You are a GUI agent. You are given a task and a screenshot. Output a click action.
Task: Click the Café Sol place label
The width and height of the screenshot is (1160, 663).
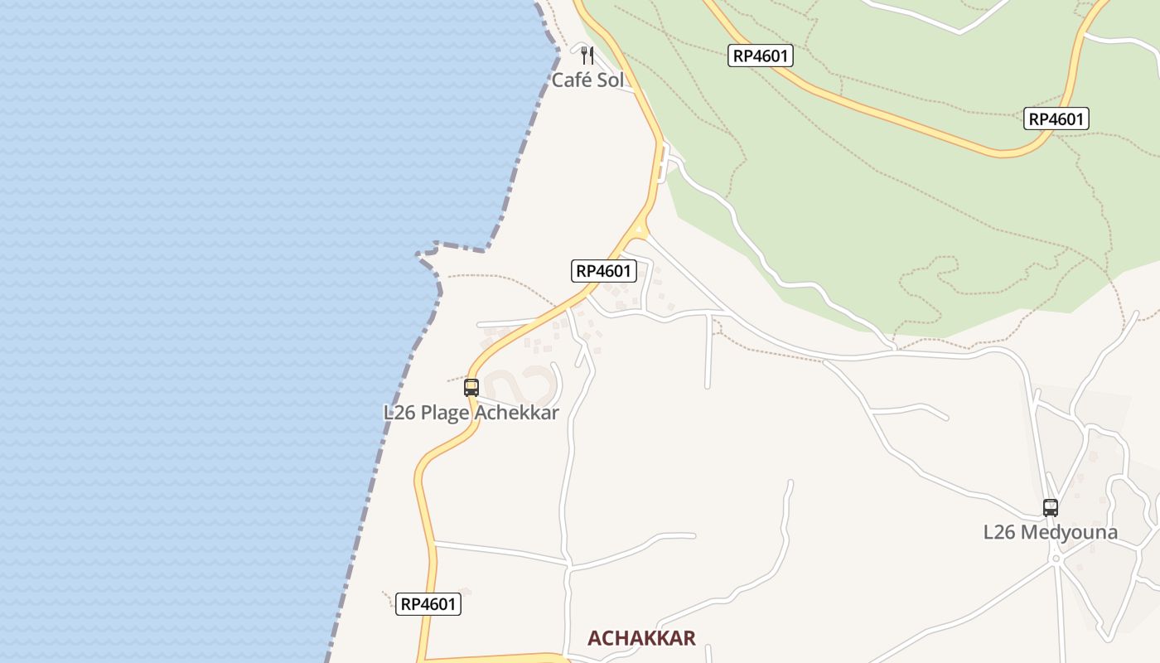coord(587,80)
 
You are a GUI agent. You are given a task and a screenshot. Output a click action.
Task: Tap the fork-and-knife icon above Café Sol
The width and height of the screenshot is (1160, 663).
coord(587,56)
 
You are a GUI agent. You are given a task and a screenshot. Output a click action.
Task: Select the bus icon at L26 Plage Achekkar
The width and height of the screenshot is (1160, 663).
coord(471,387)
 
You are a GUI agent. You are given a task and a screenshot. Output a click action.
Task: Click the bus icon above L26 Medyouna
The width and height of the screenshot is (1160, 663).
coord(1051,508)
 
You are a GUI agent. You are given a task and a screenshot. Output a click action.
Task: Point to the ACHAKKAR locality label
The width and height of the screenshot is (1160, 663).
coord(641,637)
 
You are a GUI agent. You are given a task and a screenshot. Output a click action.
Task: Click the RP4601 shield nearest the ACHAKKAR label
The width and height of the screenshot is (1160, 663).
coord(428,604)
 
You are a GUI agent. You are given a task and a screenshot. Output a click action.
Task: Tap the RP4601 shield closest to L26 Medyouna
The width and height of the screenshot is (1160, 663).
coord(1056,119)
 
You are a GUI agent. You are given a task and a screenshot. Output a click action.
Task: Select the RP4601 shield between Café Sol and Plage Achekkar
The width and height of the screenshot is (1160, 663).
coord(603,271)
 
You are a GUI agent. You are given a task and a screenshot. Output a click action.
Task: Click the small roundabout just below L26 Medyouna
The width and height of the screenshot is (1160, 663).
coord(1056,559)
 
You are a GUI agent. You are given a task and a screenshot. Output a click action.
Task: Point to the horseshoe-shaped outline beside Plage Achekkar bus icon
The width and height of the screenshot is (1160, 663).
coord(522,385)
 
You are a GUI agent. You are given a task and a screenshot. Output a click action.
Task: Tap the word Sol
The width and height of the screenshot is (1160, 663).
coord(610,80)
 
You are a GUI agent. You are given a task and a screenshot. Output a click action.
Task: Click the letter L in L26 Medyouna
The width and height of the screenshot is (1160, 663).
coord(988,532)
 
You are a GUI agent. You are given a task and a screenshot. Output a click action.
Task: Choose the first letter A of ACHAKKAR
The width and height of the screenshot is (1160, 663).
coord(594,637)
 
